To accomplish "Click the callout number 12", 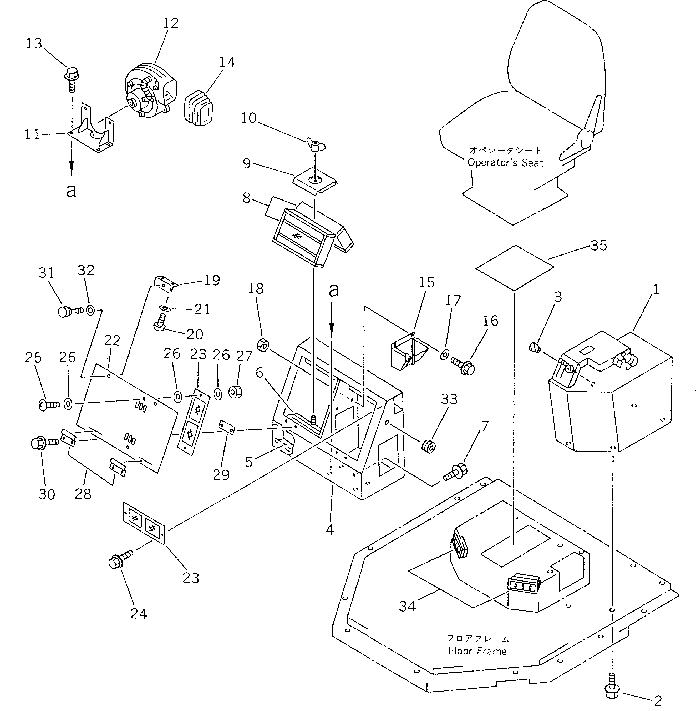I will (170, 23).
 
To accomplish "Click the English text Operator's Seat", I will (505, 163).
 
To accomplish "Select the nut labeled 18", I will (263, 345).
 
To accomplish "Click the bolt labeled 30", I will (43, 443).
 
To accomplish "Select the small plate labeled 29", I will (227, 427).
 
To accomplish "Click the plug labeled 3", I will (535, 347).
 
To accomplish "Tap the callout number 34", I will (407, 606).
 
